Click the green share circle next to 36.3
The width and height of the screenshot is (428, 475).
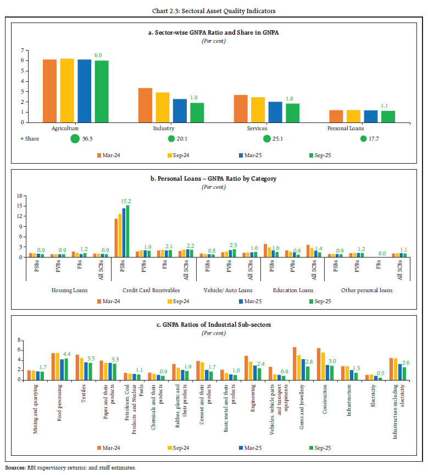pos(75,138)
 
